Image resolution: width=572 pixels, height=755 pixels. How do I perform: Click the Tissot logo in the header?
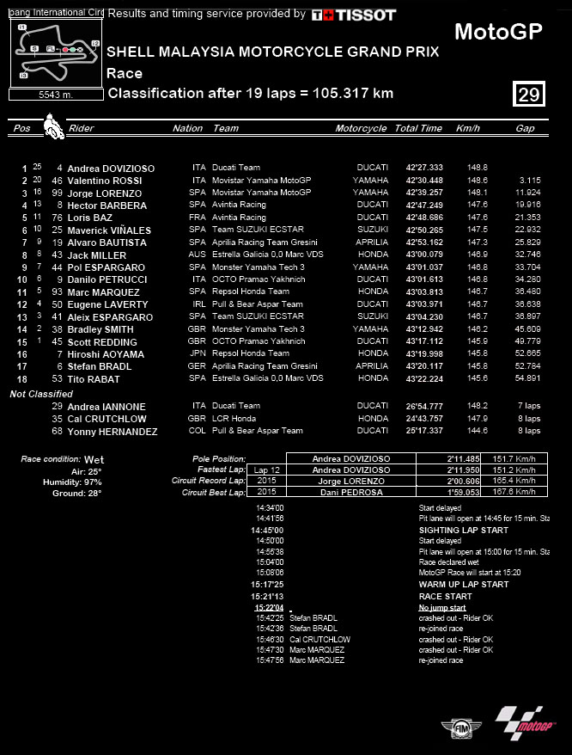pos(353,15)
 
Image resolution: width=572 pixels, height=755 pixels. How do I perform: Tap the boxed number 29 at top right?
pos(529,94)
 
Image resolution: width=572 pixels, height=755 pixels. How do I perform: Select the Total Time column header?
pos(418,128)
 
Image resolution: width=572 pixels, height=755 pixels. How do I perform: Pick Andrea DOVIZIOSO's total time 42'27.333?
pos(424,168)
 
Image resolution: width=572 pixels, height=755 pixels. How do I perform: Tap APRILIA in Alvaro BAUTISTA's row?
pos(373,242)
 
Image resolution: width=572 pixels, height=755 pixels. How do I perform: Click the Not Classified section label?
pos(41,394)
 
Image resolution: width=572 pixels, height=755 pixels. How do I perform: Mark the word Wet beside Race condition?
pos(94,460)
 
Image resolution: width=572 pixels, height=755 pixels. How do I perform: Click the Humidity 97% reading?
pos(72,482)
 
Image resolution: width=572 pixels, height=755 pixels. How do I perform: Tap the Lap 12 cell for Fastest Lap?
pos(267,470)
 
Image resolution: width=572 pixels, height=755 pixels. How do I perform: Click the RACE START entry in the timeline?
pos(445,596)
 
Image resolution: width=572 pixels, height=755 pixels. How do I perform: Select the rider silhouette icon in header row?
pos(52,126)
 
